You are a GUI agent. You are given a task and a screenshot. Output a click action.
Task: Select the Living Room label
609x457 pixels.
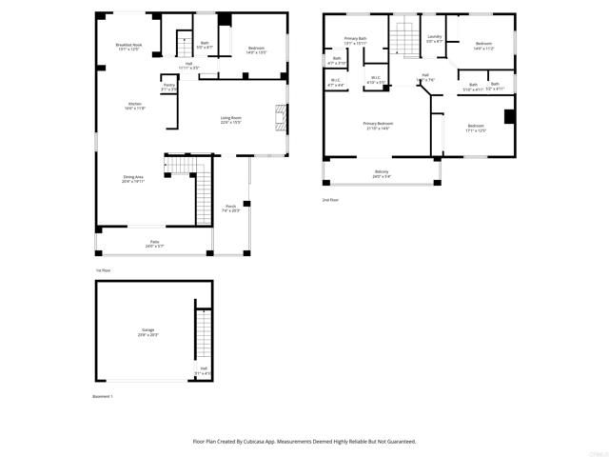[230, 120]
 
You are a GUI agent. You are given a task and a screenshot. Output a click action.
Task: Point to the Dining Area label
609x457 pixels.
[132, 178]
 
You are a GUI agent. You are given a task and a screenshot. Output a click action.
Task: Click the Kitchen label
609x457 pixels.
[135, 106]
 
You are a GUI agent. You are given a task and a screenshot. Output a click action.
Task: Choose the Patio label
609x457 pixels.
[154, 244]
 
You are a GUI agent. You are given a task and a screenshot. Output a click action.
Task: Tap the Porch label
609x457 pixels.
[230, 208]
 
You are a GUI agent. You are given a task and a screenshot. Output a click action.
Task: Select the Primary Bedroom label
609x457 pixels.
[378, 126]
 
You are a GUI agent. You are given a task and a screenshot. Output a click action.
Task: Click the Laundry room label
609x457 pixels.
[434, 39]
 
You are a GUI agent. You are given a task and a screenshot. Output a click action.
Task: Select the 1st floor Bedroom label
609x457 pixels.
[256, 50]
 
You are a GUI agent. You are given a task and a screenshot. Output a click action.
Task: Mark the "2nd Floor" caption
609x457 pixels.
[330, 200]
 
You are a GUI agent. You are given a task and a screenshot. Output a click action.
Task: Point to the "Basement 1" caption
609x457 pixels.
[103, 395]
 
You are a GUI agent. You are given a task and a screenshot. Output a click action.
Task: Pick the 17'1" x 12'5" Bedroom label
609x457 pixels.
[475, 128]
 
